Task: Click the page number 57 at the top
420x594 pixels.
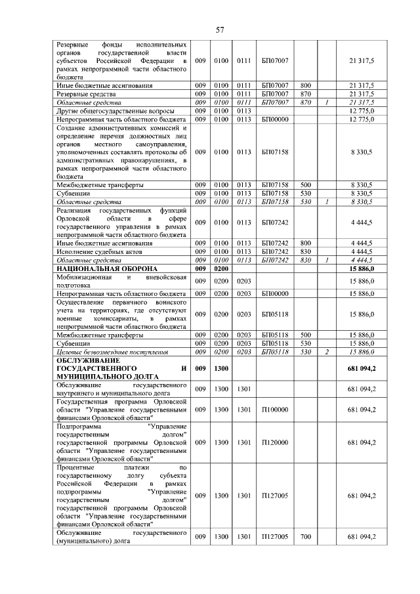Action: point(220,30)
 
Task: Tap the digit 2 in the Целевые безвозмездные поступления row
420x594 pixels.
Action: point(326,352)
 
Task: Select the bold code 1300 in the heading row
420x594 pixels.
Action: point(221,370)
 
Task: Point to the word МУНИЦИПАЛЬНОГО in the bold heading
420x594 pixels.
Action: point(91,379)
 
